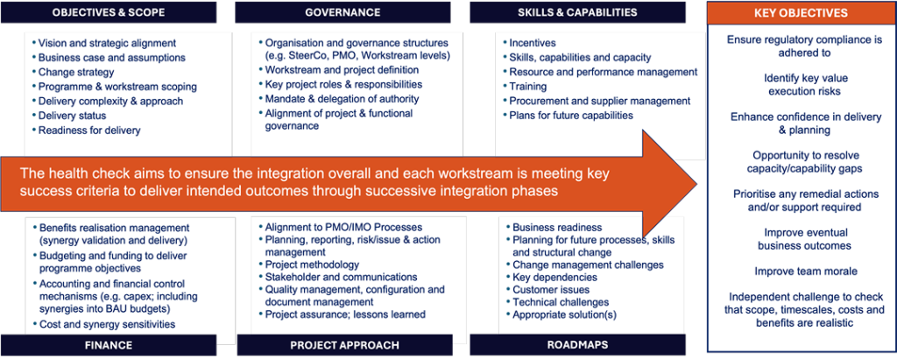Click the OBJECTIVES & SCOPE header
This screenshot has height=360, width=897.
[x=109, y=12]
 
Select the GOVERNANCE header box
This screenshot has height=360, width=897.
[x=343, y=12]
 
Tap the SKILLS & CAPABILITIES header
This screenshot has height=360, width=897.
[x=577, y=12]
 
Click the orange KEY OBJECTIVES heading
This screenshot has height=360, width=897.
[x=801, y=12]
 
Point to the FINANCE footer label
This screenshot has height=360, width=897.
[x=109, y=345]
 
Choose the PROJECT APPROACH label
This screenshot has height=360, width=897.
[x=344, y=345]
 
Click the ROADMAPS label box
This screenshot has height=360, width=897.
[x=577, y=344]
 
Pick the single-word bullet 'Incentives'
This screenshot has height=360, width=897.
[x=528, y=43]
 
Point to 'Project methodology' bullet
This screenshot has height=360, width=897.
[x=309, y=265]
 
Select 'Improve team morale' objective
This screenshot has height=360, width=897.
[x=801, y=271]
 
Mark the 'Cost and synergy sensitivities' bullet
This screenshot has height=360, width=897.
[x=104, y=324]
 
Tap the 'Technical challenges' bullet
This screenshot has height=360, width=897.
[x=557, y=301]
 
